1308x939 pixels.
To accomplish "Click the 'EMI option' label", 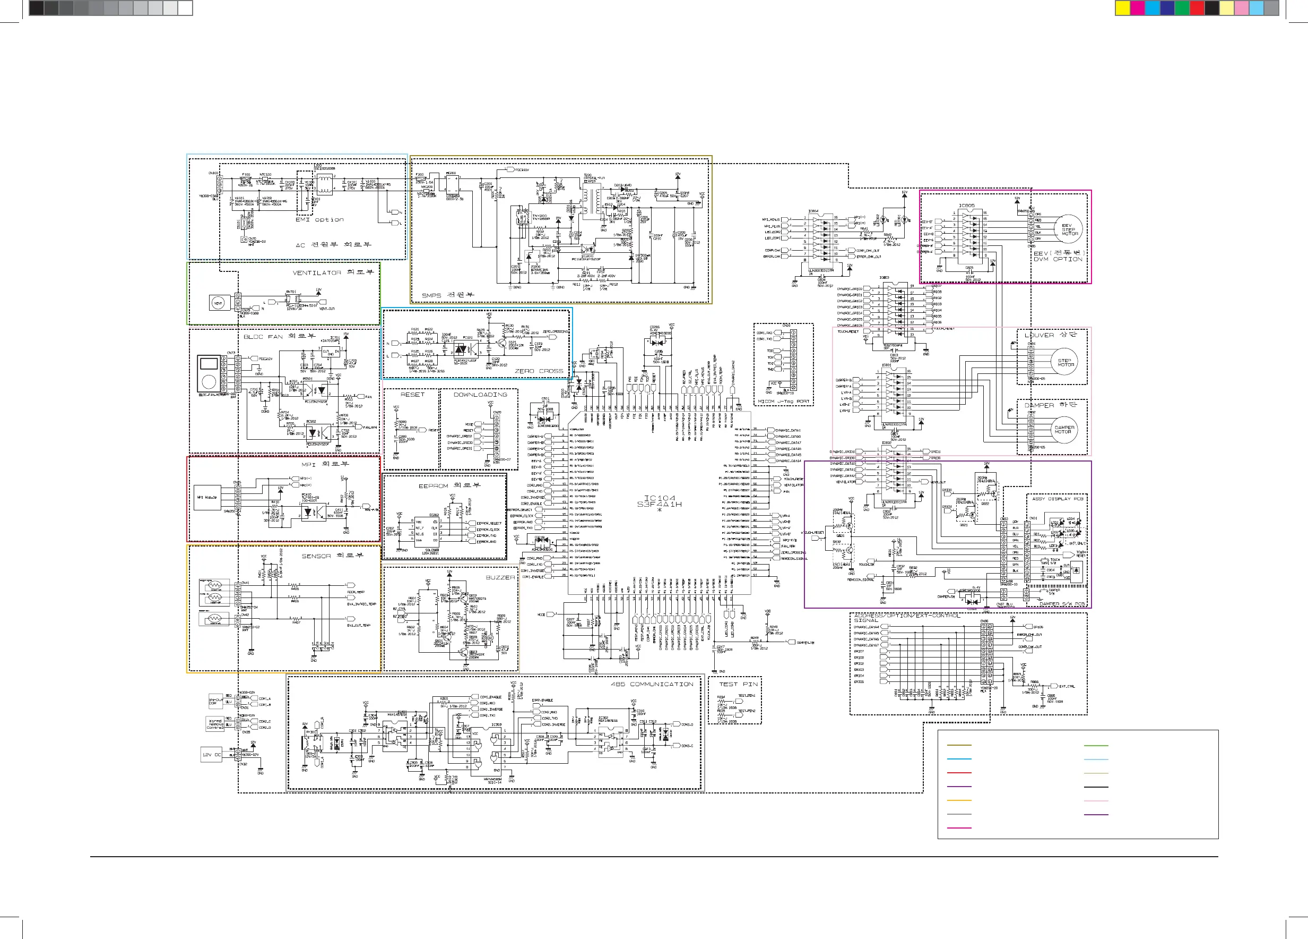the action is (319, 220).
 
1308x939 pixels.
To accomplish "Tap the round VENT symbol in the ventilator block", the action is (218, 303).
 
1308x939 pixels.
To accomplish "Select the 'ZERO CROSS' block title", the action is (539, 371).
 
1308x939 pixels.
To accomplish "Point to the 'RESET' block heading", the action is (412, 395).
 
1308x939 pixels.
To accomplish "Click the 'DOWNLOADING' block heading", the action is (480, 395).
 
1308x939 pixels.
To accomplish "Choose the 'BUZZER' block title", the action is (500, 578).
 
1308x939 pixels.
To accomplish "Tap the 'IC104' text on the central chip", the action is (659, 498).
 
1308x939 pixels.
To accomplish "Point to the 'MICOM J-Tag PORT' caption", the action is (783, 401).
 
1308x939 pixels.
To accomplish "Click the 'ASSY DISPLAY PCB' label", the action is (1058, 499).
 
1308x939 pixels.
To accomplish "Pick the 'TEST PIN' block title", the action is (738, 685).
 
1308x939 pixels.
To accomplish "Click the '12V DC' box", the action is (212, 755).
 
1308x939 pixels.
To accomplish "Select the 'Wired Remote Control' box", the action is (215, 724).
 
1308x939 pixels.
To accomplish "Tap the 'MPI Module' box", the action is (207, 497).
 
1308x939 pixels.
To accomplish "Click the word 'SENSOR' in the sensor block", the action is (316, 557).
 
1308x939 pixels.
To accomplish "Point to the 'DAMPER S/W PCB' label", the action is (1061, 604).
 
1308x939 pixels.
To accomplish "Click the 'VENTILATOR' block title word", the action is (317, 273).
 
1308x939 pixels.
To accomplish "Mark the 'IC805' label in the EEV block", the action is (967, 206).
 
